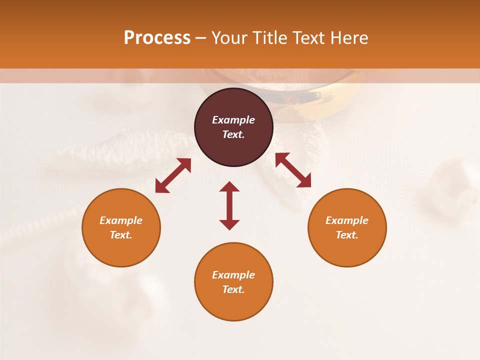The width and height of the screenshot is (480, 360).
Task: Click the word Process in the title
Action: (157, 38)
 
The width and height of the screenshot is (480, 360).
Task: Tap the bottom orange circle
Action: (233, 305)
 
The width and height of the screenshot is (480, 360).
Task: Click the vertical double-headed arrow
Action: (229, 206)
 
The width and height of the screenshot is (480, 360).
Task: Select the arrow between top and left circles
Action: (173, 175)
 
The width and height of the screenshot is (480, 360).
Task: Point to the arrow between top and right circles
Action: (293, 170)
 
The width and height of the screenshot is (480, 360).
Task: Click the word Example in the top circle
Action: (233, 120)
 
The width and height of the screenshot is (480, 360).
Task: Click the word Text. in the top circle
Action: (233, 134)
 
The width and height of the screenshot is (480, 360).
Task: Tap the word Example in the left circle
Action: (121, 220)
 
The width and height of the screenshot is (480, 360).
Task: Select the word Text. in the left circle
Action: (121, 235)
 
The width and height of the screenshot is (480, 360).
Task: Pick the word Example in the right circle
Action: (347, 220)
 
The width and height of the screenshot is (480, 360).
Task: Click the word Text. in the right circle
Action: (347, 235)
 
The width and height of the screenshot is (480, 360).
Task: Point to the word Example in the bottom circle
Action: (233, 275)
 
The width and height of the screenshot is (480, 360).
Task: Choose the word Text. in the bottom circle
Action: (233, 289)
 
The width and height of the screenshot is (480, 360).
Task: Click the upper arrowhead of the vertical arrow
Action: (229, 186)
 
